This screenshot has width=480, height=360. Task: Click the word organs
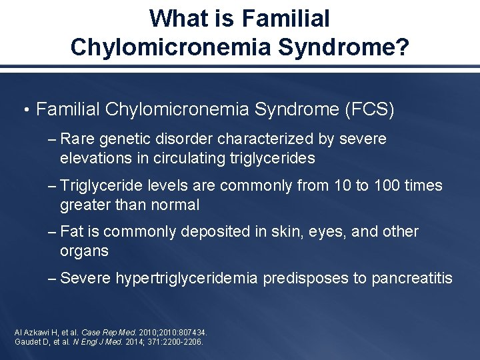84,252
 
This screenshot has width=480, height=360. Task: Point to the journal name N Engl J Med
98,341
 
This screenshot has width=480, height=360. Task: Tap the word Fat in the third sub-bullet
71,232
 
